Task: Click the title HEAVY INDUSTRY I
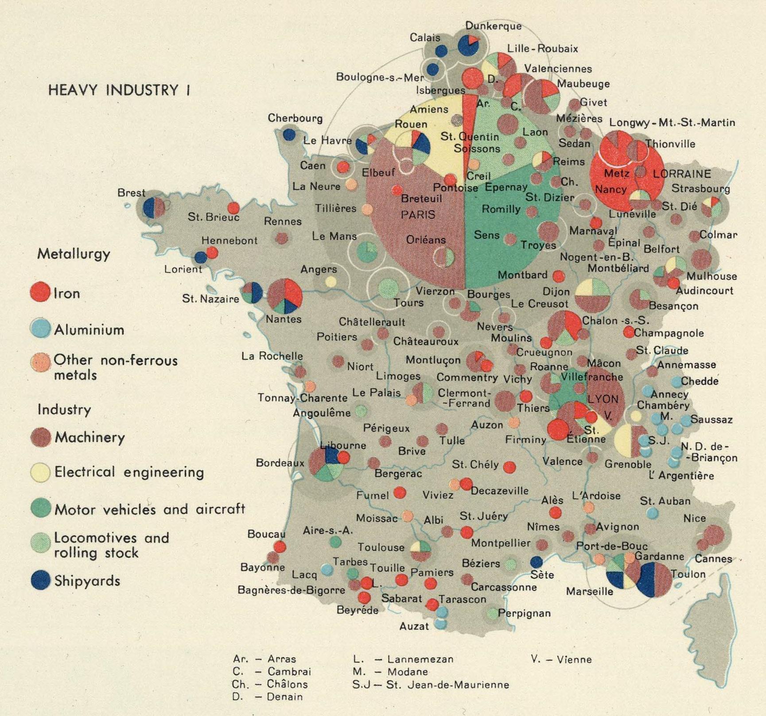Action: (119, 90)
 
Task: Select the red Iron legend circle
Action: (40, 293)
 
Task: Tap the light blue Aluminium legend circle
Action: (40, 328)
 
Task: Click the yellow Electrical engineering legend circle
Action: (40, 472)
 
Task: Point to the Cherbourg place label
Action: (295, 118)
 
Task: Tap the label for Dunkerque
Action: (493, 26)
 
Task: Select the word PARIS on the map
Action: (418, 215)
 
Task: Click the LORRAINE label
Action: (681, 174)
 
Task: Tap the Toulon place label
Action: (688, 574)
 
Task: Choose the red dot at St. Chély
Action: (509, 467)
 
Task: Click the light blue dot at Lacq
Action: (327, 569)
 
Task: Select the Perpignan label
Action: (524, 613)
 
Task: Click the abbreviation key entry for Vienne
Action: (561, 659)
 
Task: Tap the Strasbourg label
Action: (700, 188)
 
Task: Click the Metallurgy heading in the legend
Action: (74, 254)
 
